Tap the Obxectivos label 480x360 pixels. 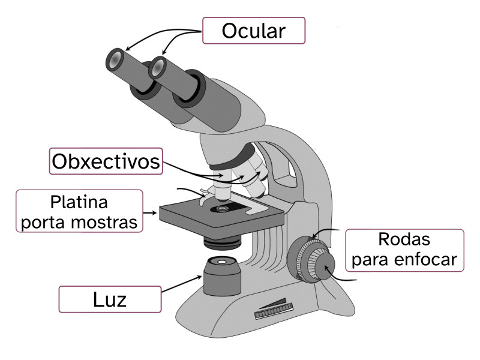pyautogui.click(x=106, y=161)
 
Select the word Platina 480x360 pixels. pyautogui.click(x=79, y=200)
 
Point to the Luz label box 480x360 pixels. pyautogui.click(x=110, y=299)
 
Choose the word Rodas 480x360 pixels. pyautogui.click(x=404, y=239)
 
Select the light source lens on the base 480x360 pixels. pyautogui.click(x=221, y=262)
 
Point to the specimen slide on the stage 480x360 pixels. pyautogui.click(x=228, y=209)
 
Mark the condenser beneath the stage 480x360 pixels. pyautogui.click(x=222, y=242)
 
